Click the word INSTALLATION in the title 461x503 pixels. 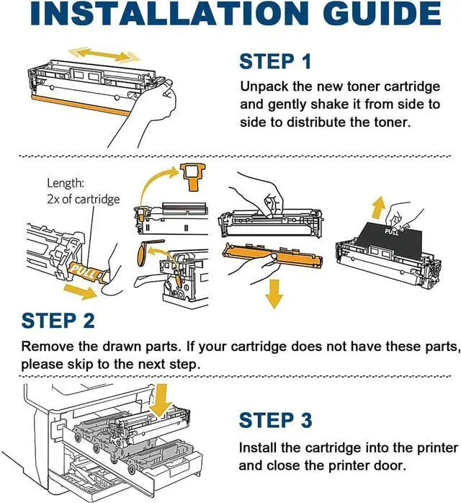(x=169, y=13)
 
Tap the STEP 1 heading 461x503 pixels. (x=275, y=61)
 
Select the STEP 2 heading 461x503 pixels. (x=58, y=320)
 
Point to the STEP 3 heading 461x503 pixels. (x=275, y=420)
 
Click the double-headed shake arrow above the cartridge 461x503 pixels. (x=105, y=55)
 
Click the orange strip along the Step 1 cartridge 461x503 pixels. (x=81, y=105)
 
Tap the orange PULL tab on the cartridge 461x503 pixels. (x=86, y=271)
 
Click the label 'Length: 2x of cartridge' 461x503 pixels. (x=83, y=191)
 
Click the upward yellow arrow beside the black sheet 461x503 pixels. (x=379, y=208)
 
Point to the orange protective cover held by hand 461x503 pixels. (x=272, y=257)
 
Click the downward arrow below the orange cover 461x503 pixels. (x=274, y=293)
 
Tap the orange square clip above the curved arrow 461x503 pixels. (x=192, y=177)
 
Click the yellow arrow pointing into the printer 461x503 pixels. (x=161, y=401)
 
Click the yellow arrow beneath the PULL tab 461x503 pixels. (x=80, y=291)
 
